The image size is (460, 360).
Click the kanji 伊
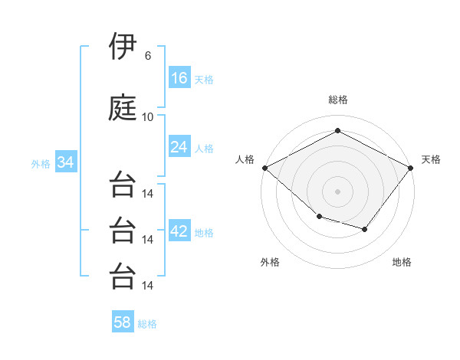(123, 46)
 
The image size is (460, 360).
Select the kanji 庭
(123, 107)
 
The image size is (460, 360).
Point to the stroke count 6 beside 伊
(148, 56)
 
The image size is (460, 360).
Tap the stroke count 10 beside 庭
(147, 117)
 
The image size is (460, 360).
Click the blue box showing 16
(179, 77)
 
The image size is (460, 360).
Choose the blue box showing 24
(179, 146)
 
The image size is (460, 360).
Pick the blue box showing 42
(179, 230)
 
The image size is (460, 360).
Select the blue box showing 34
(66, 162)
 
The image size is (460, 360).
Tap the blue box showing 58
(123, 321)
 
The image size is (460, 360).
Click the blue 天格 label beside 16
(204, 80)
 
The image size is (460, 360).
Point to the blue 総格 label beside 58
(147, 324)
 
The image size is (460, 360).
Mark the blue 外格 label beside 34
(41, 164)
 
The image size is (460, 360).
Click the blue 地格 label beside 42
(204, 233)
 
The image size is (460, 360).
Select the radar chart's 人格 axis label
(245, 159)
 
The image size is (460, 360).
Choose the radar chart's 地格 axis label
(402, 262)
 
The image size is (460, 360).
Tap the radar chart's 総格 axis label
(338, 100)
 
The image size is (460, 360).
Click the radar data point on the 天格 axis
(411, 168)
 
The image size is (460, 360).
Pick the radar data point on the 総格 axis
(337, 130)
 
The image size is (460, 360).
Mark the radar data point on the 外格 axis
(320, 217)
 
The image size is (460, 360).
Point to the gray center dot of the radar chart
(337, 191)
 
